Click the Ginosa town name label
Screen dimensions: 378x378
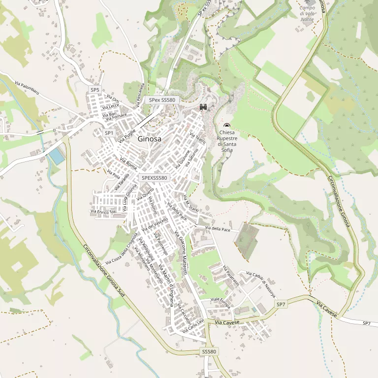(x=150, y=139)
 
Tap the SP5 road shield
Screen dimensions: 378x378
(x=95, y=90)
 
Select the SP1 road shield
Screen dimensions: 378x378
(x=109, y=133)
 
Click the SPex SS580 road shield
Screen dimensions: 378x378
(x=162, y=100)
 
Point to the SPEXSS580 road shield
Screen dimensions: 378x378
(x=154, y=178)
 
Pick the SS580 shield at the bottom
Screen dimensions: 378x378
(x=209, y=351)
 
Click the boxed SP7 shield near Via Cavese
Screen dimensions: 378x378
(x=281, y=305)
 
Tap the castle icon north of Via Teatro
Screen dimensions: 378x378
(x=202, y=107)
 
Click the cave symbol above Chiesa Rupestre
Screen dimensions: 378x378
(x=227, y=126)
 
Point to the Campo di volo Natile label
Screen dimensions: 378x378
(x=307, y=13)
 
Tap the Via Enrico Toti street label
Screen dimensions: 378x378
(x=103, y=212)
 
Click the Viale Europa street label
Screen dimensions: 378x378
(x=220, y=303)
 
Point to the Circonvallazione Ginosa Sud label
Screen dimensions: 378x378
(x=103, y=270)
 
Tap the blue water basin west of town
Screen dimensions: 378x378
(x=56, y=156)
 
